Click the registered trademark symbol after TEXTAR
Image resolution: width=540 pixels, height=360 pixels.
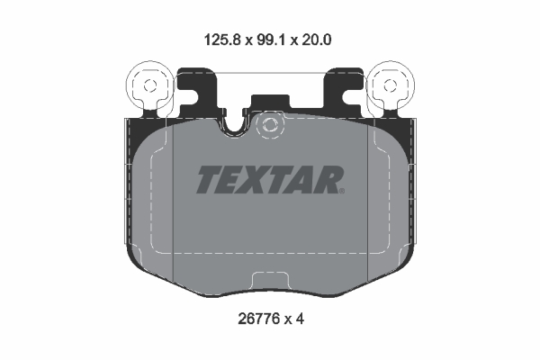tap(341, 190)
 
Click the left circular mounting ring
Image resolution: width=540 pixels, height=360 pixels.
tap(148, 87)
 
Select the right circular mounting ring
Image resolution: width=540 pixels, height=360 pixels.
tap(391, 87)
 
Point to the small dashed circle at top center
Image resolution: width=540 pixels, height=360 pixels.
tap(267, 127)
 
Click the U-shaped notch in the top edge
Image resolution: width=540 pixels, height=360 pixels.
tap(236, 127)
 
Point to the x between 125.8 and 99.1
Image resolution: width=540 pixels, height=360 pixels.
tap(248, 40)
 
